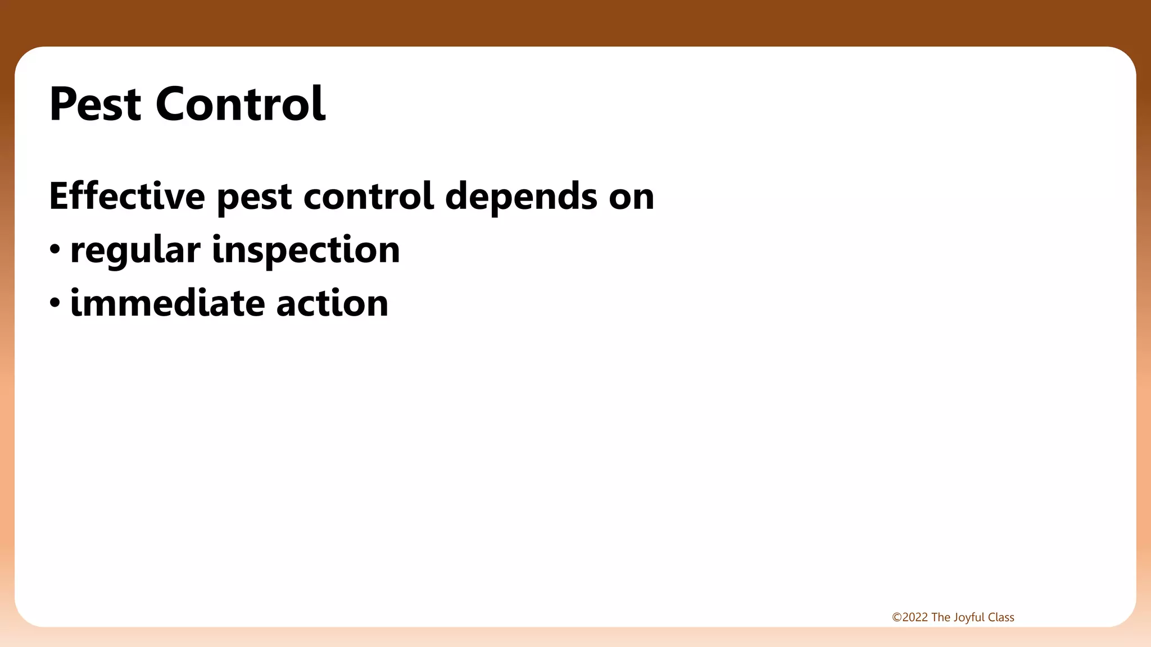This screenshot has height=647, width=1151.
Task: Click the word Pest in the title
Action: pyautogui.click(x=95, y=104)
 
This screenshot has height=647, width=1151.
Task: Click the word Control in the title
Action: pyautogui.click(x=240, y=104)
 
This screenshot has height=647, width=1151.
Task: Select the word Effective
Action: pyautogui.click(x=127, y=196)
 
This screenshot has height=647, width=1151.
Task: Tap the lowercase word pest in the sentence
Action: pyautogui.click(x=254, y=198)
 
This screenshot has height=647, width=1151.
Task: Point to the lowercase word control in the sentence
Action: pyautogui.click(x=369, y=196)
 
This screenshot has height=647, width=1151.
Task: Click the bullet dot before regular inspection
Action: pyautogui.click(x=55, y=249)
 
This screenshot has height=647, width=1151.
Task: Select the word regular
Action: pyautogui.click(x=135, y=250)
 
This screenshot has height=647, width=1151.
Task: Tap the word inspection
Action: pyautogui.click(x=306, y=250)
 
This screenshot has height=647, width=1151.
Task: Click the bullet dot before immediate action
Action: pyautogui.click(x=55, y=303)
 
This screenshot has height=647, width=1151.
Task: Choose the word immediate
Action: pyautogui.click(x=167, y=303)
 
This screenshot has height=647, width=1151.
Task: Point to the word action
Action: pyautogui.click(x=332, y=303)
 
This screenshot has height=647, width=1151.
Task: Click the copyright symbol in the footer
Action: pyautogui.click(x=896, y=617)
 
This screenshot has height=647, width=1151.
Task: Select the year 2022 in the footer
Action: pyautogui.click(x=915, y=617)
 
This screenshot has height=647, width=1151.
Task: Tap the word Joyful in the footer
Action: pyautogui.click(x=969, y=618)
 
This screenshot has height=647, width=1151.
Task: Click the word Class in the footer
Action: pyautogui.click(x=1001, y=617)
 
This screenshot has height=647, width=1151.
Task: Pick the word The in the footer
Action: pyautogui.click(x=941, y=617)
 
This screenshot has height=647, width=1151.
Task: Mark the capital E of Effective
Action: pyautogui.click(x=59, y=196)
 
